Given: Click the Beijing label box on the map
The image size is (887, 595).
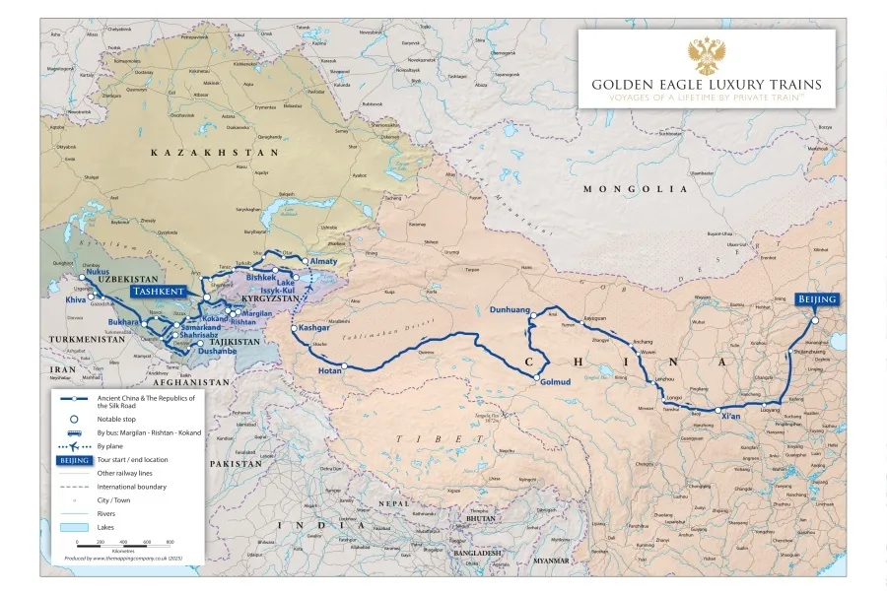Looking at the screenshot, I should [x=817, y=299].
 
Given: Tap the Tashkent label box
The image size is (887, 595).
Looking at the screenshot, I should [x=159, y=293].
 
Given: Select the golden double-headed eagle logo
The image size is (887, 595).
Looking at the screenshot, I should [x=706, y=56].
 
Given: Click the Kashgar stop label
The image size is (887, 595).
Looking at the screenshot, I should [x=314, y=326].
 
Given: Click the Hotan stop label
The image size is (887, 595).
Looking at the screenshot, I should [x=330, y=371].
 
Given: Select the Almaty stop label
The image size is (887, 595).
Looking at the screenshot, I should [x=324, y=261].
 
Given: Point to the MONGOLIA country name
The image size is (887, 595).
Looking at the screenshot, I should [x=635, y=188].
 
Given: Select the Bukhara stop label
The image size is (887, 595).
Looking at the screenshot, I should [x=123, y=322].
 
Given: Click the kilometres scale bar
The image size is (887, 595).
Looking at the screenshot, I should [x=123, y=547].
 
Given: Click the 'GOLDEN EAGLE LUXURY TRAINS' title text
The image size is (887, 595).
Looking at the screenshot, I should [x=706, y=85].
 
